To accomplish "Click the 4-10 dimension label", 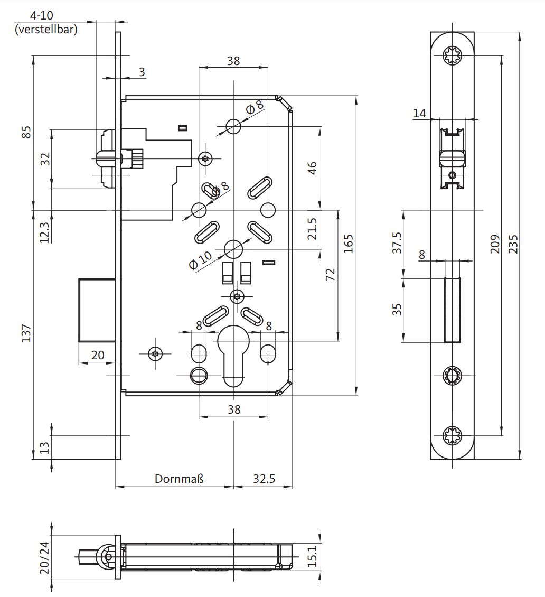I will [42, 15].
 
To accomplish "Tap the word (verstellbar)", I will [46, 30].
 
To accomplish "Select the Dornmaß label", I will [179, 479].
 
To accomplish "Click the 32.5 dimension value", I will [264, 479].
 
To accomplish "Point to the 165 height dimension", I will [349, 244].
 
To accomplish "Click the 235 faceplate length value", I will [512, 244].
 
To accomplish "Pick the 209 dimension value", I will [495, 244].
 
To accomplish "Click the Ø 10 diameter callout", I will [200, 260].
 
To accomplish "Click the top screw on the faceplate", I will [453, 55].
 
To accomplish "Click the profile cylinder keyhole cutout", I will [233, 354].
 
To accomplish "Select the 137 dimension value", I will [27, 333].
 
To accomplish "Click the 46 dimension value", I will [312, 168].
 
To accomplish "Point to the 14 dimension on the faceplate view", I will [419, 113].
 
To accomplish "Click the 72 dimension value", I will [330, 275].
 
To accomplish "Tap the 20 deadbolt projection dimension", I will [98, 355].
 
